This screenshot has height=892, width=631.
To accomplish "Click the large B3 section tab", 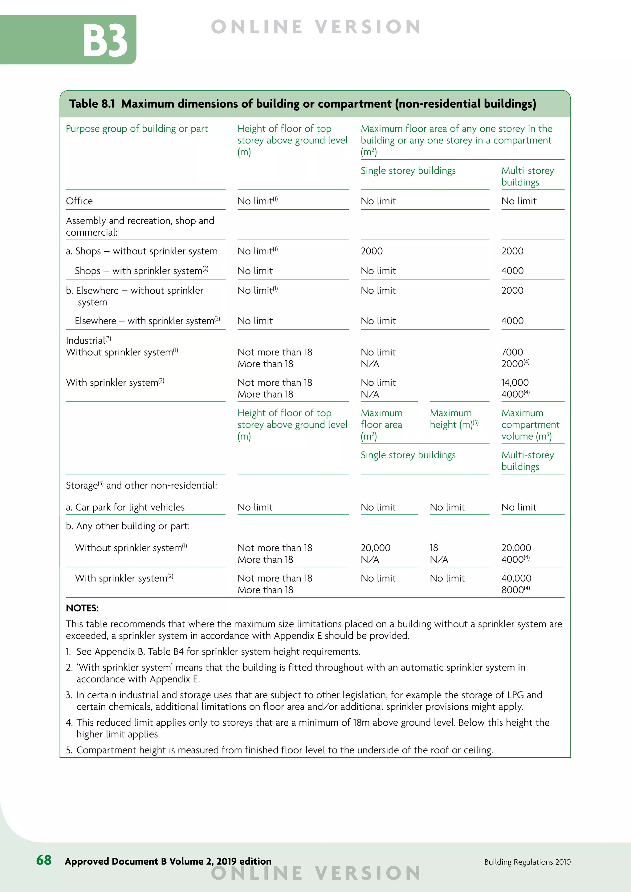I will tap(105, 40).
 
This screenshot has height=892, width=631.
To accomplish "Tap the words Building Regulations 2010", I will tap(527, 862).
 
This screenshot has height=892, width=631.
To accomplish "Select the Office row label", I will tap(79, 201).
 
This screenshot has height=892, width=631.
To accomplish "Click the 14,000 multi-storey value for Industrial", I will tap(515, 382).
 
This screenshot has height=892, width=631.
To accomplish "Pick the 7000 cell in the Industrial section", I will tap(512, 352).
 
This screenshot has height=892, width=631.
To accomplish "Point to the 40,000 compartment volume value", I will tap(516, 578).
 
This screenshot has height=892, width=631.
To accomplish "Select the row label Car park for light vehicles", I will tap(125, 507).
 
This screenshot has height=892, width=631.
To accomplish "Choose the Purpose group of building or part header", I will tap(137, 128).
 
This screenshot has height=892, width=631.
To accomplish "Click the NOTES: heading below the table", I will tap(82, 608).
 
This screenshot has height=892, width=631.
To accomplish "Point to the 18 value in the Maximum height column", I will tap(434, 548).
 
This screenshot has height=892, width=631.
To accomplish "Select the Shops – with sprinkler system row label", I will tap(141, 271).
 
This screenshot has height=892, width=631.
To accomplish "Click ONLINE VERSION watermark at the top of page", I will tap(315, 27).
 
